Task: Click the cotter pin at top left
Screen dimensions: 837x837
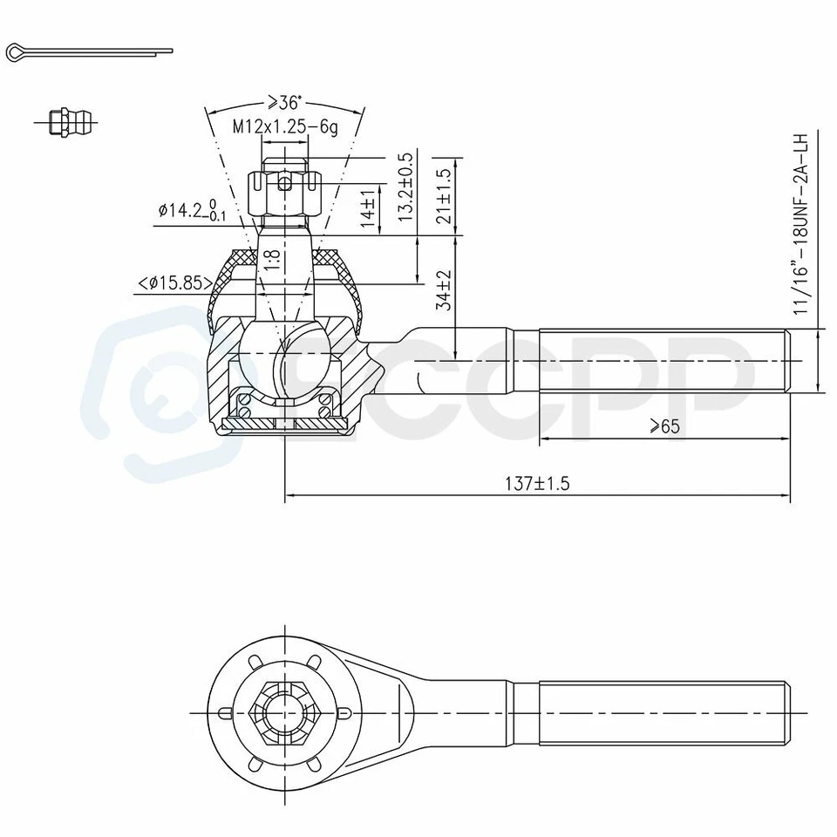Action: pos(87,52)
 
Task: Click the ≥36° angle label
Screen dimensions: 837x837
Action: pos(284,101)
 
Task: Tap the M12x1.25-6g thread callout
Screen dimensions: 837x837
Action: pos(284,126)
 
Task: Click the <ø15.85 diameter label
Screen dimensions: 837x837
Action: pos(174,282)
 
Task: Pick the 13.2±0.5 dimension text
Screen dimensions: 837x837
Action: pos(405,187)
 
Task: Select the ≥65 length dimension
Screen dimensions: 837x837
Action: pos(664,426)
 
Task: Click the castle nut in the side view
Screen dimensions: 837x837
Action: pos(284,192)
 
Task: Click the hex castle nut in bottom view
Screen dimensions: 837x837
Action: pos(284,711)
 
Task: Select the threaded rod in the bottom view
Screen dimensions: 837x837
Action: pos(663,711)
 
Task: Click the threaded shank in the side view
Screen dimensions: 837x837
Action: pos(663,360)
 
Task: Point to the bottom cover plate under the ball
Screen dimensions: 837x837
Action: pos(284,424)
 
